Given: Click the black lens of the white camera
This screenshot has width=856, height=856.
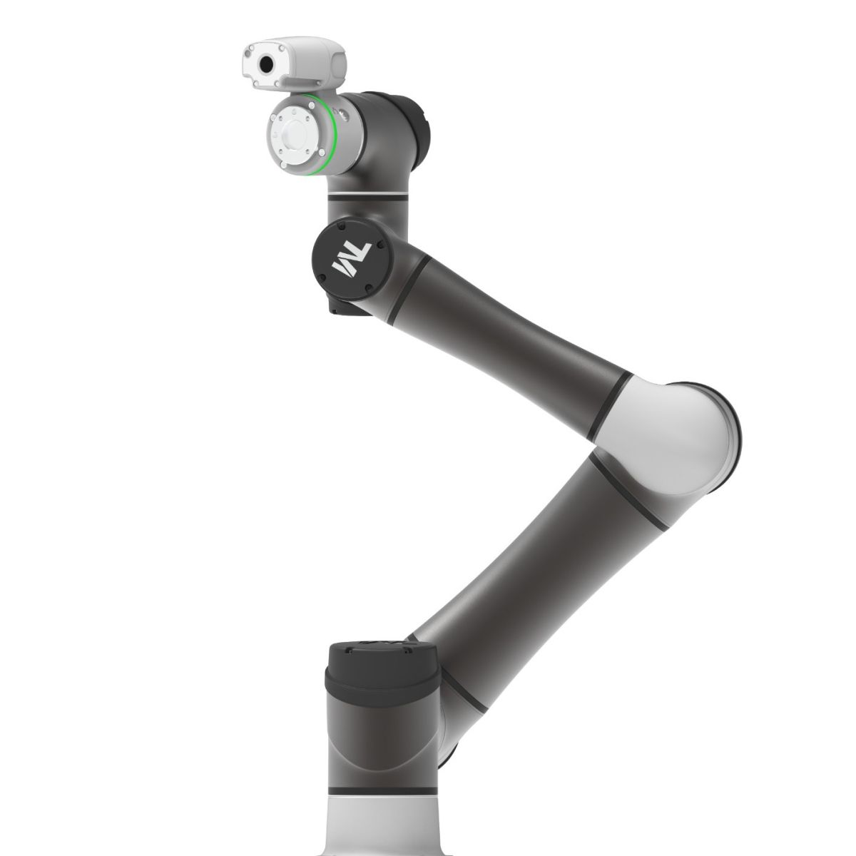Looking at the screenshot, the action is [266, 65].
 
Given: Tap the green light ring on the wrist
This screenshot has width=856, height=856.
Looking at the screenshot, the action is [332, 133].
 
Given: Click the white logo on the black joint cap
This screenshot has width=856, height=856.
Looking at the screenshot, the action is [351, 259].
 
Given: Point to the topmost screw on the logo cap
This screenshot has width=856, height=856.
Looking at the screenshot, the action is [341, 227].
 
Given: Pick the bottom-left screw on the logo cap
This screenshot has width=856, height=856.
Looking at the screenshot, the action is [322, 279].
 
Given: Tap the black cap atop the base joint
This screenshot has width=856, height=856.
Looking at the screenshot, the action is [383, 676].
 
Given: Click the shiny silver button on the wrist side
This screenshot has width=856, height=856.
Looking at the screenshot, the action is [343, 115].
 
